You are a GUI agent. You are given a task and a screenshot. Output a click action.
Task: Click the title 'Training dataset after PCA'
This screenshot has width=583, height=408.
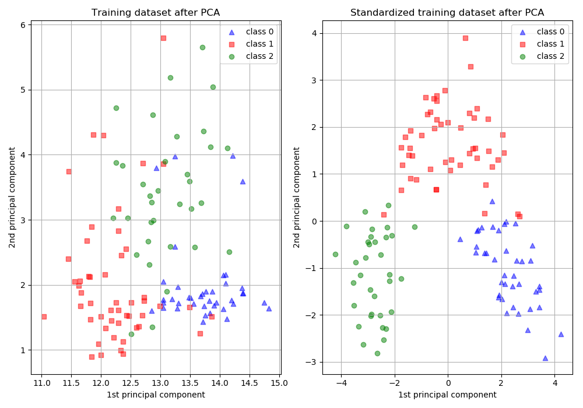tap(156, 13)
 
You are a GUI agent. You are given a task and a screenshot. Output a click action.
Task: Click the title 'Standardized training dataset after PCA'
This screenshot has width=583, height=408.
tap(447, 13)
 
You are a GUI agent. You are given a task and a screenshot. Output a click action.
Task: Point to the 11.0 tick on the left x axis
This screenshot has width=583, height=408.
tap(41, 383)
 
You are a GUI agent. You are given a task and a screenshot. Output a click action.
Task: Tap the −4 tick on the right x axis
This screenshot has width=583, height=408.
tap(341, 383)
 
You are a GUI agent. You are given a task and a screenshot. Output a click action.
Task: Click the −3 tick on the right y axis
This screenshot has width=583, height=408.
tap(314, 362)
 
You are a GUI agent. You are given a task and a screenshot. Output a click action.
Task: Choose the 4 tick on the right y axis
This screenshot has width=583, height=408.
tap(314, 33)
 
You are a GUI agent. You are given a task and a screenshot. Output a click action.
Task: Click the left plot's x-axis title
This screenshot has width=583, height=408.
tap(156, 395)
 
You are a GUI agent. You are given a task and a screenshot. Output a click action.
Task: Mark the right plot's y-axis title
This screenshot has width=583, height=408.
tap(297, 197)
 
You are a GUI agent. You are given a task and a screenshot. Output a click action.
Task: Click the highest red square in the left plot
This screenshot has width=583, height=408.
tap(163, 38)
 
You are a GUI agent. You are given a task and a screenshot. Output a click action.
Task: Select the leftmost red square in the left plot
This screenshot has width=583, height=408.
tap(44, 316)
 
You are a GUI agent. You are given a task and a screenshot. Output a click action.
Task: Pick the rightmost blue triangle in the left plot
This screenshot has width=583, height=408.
tap(269, 308)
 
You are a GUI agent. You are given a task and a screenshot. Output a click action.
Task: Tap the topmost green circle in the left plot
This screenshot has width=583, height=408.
tap(202, 47)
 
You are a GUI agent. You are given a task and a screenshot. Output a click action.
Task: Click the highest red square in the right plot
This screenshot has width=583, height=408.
tap(465, 38)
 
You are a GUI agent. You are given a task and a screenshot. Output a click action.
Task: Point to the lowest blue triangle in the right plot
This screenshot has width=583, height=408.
tap(545, 358)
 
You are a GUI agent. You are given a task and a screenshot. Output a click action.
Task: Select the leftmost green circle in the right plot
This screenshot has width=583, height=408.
tap(335, 254)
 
